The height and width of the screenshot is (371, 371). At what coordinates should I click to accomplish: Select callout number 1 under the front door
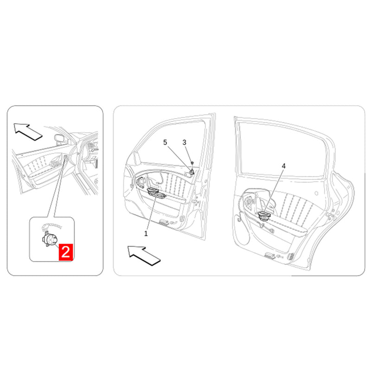pyautogui.click(x=146, y=234)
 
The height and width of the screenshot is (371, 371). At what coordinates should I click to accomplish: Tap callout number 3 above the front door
pyautogui.click(x=184, y=142)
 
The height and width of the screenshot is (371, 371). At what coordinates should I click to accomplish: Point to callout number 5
pyautogui.click(x=165, y=142)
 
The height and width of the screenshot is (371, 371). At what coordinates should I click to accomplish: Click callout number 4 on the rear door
pyautogui.click(x=283, y=166)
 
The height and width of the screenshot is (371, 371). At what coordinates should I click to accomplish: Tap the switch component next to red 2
pyautogui.click(x=49, y=239)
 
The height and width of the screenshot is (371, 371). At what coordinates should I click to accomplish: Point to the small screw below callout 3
pyautogui.click(x=192, y=163)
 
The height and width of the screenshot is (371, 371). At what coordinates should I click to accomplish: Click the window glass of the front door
pyautogui.click(x=172, y=144)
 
